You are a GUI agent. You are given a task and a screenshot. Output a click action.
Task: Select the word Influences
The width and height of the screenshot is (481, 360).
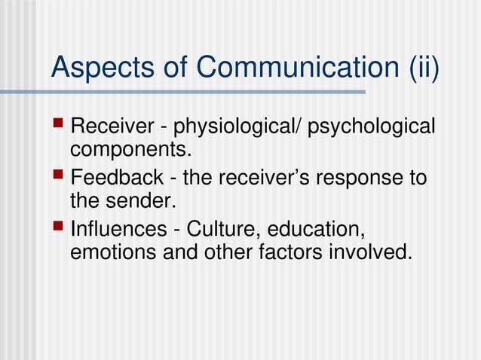[x=117, y=228]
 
